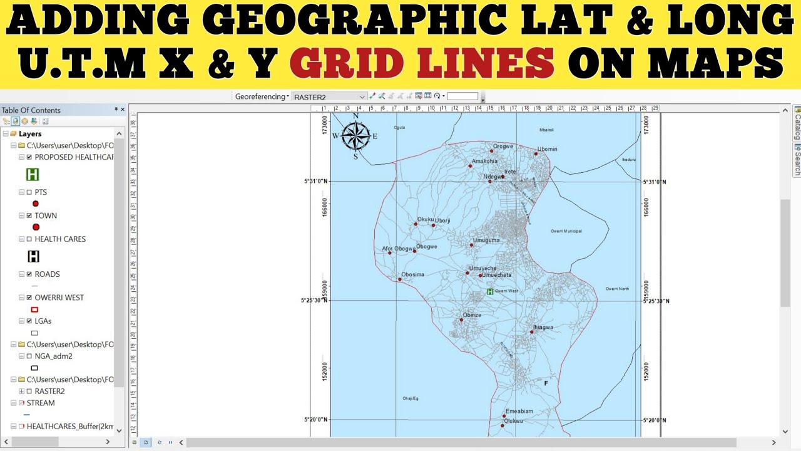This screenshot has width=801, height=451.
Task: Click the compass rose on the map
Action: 355,135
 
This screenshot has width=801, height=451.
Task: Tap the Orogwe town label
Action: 503,147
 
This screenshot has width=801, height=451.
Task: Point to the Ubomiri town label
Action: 547,149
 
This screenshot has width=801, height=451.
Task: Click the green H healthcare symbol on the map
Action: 490,291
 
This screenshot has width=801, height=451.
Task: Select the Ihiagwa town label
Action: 543,328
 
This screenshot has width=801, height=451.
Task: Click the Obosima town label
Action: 413,274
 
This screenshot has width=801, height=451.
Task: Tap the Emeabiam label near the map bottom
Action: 519,412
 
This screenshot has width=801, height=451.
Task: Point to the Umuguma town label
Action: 486,241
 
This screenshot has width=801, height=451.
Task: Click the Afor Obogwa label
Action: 399,249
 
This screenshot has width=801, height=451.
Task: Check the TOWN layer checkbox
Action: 29,215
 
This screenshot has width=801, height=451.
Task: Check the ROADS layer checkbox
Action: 29,274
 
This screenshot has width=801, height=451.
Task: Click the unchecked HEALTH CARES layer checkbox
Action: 29,239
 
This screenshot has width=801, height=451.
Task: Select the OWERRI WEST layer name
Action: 59,298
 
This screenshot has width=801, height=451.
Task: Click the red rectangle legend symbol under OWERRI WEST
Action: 34,309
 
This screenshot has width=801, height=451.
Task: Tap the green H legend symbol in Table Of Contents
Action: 32,175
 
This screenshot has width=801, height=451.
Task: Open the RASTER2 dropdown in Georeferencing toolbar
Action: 362,97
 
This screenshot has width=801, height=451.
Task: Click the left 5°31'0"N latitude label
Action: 315,182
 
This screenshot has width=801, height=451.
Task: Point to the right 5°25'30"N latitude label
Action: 656,301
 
